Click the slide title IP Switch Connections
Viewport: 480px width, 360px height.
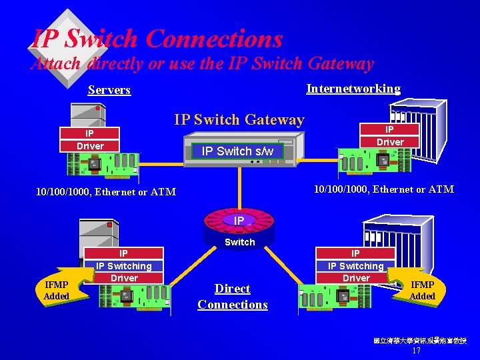(x=157, y=39)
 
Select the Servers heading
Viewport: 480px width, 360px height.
(x=109, y=90)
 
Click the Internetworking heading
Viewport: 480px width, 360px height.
(x=353, y=89)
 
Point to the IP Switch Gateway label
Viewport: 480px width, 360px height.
(x=239, y=120)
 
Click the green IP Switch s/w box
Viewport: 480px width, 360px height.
(x=237, y=151)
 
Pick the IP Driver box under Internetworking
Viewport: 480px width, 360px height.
(x=390, y=135)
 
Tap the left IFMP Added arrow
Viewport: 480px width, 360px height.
(x=59, y=290)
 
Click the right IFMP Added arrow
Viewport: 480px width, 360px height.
(x=420, y=290)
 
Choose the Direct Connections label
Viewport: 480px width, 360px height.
(x=233, y=297)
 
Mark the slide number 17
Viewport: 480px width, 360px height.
(x=417, y=351)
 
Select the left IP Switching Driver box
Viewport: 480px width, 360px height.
(x=124, y=265)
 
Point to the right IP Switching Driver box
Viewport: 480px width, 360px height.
(x=356, y=265)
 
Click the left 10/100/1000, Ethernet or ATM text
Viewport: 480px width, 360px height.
(x=106, y=192)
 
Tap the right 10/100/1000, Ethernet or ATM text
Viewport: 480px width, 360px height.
(x=384, y=189)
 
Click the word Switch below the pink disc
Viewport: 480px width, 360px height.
(x=239, y=242)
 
